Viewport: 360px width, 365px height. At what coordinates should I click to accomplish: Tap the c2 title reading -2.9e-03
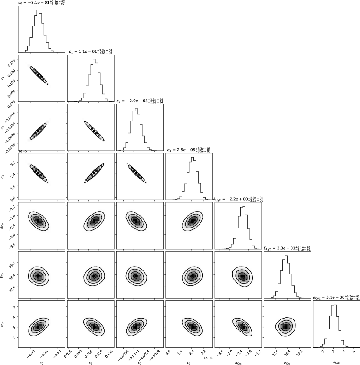[x=140, y=101]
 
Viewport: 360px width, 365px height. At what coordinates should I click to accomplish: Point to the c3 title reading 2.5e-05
[x=189, y=150]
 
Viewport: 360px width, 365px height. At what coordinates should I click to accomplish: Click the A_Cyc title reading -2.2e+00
[x=238, y=199]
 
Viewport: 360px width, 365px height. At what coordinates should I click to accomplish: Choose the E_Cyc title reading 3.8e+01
[x=287, y=248]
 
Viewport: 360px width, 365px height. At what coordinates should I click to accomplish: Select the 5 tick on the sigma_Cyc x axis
[x=353, y=351]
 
